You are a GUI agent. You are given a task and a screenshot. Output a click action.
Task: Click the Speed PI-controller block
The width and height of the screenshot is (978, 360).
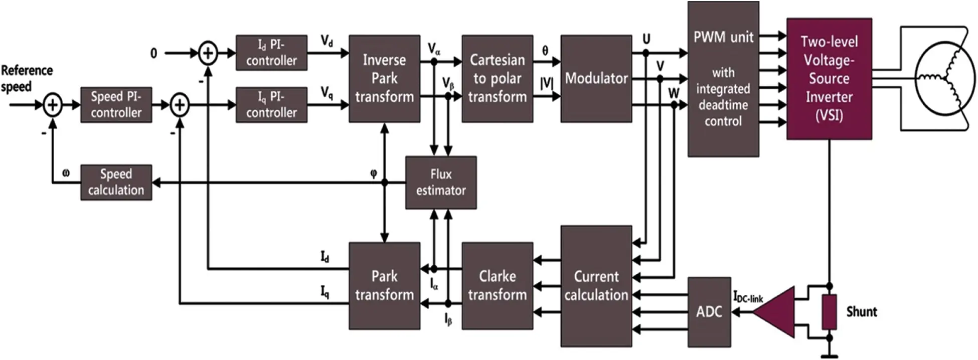click(x=116, y=105)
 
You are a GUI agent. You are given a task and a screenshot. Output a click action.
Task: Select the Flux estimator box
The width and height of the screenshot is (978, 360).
click(x=440, y=183)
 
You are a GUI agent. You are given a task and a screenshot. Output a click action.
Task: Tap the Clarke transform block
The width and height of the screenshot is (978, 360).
click(x=497, y=285)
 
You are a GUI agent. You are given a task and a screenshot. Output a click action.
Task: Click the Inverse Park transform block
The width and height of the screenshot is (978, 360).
click(x=384, y=79)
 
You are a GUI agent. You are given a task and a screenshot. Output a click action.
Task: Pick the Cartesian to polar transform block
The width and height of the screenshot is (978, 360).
click(x=497, y=79)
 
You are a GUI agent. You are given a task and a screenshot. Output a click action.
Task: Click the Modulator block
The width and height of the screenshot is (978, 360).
click(x=596, y=79)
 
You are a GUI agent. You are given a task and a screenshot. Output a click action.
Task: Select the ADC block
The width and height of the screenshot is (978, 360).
click(x=709, y=312)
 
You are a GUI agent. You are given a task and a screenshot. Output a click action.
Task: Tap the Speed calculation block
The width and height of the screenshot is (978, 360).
click(x=116, y=183)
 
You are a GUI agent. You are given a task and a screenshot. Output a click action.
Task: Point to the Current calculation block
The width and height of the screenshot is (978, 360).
click(x=596, y=286)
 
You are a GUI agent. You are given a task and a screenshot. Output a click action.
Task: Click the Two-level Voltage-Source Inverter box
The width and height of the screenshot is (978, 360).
click(x=829, y=79)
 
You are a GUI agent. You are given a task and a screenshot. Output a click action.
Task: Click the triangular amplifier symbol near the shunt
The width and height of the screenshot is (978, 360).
click(x=778, y=312)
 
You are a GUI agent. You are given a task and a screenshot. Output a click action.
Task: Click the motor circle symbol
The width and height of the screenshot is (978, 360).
click(x=945, y=79)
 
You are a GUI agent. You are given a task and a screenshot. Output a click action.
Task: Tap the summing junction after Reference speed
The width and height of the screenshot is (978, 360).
click(x=52, y=105)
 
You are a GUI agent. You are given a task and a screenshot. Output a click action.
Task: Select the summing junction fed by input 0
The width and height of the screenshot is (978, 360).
click(x=208, y=53)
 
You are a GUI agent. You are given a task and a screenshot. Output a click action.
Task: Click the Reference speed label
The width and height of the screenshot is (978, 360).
click(x=26, y=78)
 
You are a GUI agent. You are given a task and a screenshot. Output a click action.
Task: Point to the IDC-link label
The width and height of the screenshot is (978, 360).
click(x=748, y=297)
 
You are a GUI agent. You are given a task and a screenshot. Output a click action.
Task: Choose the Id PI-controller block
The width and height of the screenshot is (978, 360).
click(x=271, y=53)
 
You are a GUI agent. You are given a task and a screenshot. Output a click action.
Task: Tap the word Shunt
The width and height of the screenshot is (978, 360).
click(x=861, y=312)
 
